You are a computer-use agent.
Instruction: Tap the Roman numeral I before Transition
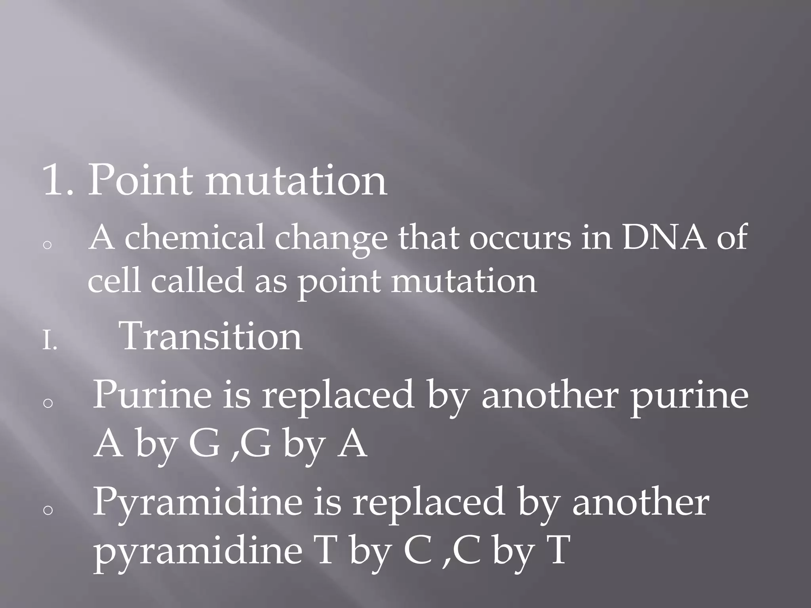tap(49, 342)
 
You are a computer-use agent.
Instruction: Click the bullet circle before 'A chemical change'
tap(47, 245)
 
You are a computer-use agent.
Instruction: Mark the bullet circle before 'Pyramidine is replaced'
tap(48, 511)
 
